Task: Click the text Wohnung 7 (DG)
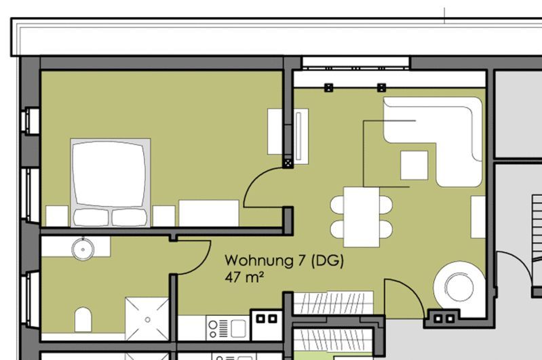(x=284, y=260)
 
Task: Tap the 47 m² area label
(x=244, y=277)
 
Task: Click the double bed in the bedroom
(x=111, y=183)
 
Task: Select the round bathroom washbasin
(x=83, y=249)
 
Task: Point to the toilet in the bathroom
(x=83, y=319)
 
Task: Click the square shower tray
(x=147, y=319)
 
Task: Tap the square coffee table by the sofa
(x=414, y=165)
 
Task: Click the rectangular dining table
(x=362, y=217)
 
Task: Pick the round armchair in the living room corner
(x=459, y=285)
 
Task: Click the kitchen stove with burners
(x=218, y=328)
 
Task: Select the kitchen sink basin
(x=238, y=328)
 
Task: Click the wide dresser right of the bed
(x=209, y=213)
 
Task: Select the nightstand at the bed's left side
(x=57, y=216)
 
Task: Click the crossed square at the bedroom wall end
(x=288, y=163)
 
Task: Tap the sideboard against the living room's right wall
(x=478, y=217)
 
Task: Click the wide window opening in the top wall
(x=355, y=63)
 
